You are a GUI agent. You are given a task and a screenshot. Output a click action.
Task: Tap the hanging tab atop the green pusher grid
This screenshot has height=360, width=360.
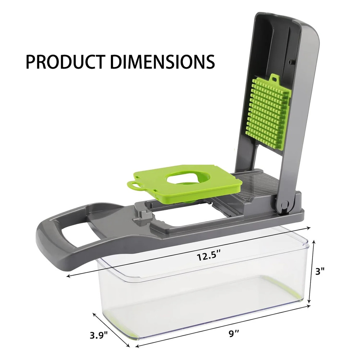coord(274,78)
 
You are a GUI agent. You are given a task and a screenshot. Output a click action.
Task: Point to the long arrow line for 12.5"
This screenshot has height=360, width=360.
coord(187,252)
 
